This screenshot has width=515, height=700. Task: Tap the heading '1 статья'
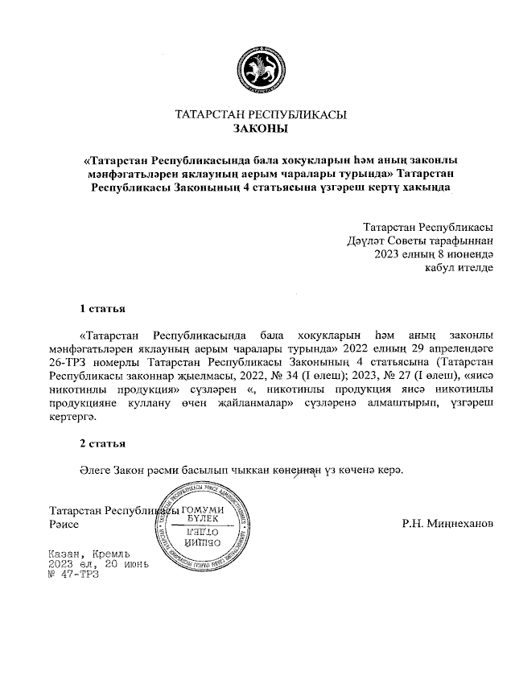pyautogui.click(x=102, y=308)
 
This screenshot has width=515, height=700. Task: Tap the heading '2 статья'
pyautogui.click(x=102, y=444)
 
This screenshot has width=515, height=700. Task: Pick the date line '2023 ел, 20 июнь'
pyautogui.click(x=99, y=565)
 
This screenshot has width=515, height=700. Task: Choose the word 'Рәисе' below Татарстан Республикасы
pyautogui.click(x=66, y=524)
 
